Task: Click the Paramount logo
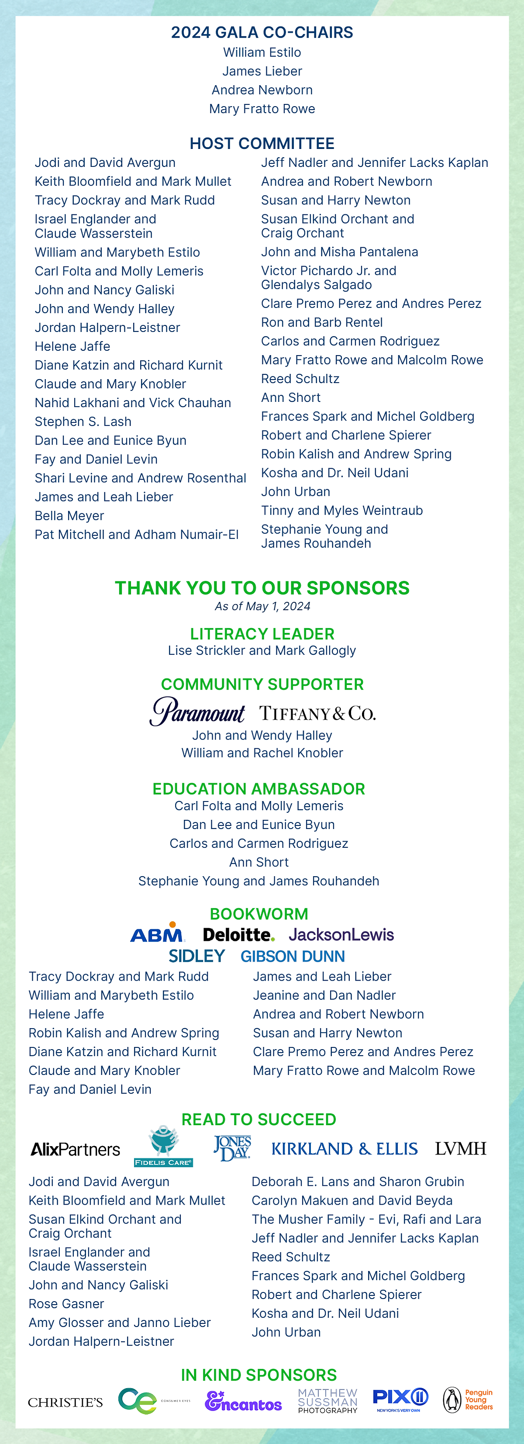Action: [197, 712]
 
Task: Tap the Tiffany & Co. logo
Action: [317, 714]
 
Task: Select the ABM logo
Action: [158, 933]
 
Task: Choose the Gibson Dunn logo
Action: [293, 956]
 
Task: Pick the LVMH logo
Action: [461, 1149]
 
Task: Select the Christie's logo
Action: [65, 1402]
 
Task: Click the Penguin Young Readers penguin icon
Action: [452, 1400]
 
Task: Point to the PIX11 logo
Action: [400, 1399]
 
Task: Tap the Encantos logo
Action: [243, 1401]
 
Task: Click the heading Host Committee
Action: [262, 144]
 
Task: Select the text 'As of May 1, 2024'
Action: [262, 606]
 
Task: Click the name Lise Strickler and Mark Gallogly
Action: [262, 650]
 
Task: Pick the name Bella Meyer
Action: [69, 516]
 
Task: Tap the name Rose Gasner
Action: [66, 1304]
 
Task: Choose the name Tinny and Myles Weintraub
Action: [342, 511]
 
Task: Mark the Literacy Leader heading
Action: [262, 634]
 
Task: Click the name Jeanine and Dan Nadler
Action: [324, 995]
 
